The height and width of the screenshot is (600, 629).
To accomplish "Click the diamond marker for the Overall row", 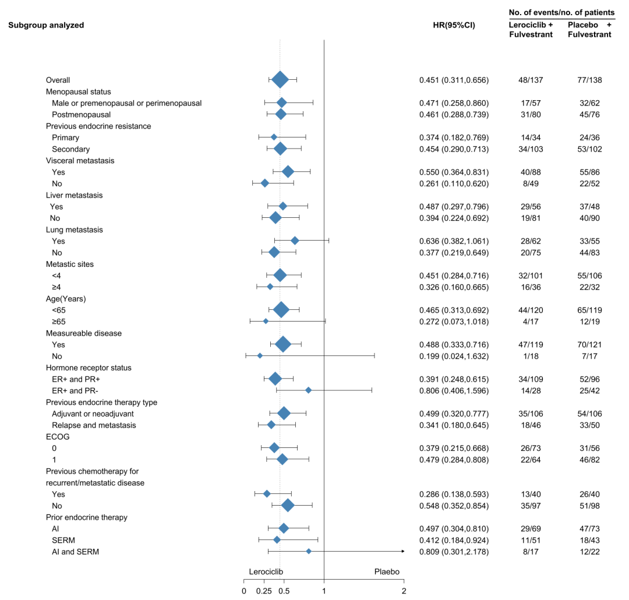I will click(280, 80).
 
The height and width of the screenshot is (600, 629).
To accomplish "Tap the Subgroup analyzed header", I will click(46, 25).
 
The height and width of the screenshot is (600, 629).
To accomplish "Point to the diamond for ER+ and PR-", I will click(309, 390).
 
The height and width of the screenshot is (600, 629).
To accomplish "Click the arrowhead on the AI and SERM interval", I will click(402, 551).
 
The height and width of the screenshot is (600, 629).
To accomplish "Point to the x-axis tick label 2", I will click(404, 592).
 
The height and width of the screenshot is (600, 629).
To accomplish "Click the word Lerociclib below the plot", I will click(266, 571).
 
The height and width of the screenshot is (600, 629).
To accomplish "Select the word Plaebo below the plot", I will click(387, 571).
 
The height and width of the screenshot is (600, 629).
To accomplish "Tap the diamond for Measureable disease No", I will click(260, 356).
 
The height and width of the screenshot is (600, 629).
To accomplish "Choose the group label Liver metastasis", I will click(74, 195).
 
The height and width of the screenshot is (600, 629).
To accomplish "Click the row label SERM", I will click(62, 540).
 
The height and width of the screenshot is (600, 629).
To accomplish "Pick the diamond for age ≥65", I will click(266, 321).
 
